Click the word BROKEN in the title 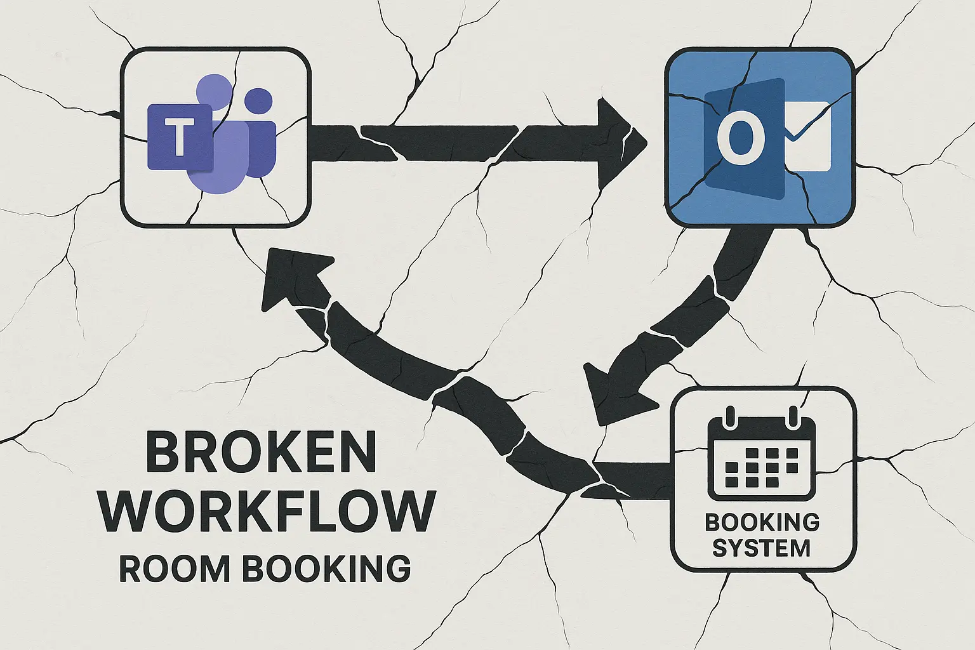click(261, 453)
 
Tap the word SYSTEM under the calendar click(761, 547)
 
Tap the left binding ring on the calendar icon click(729, 418)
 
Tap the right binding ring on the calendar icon click(793, 418)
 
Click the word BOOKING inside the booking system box click(762, 522)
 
